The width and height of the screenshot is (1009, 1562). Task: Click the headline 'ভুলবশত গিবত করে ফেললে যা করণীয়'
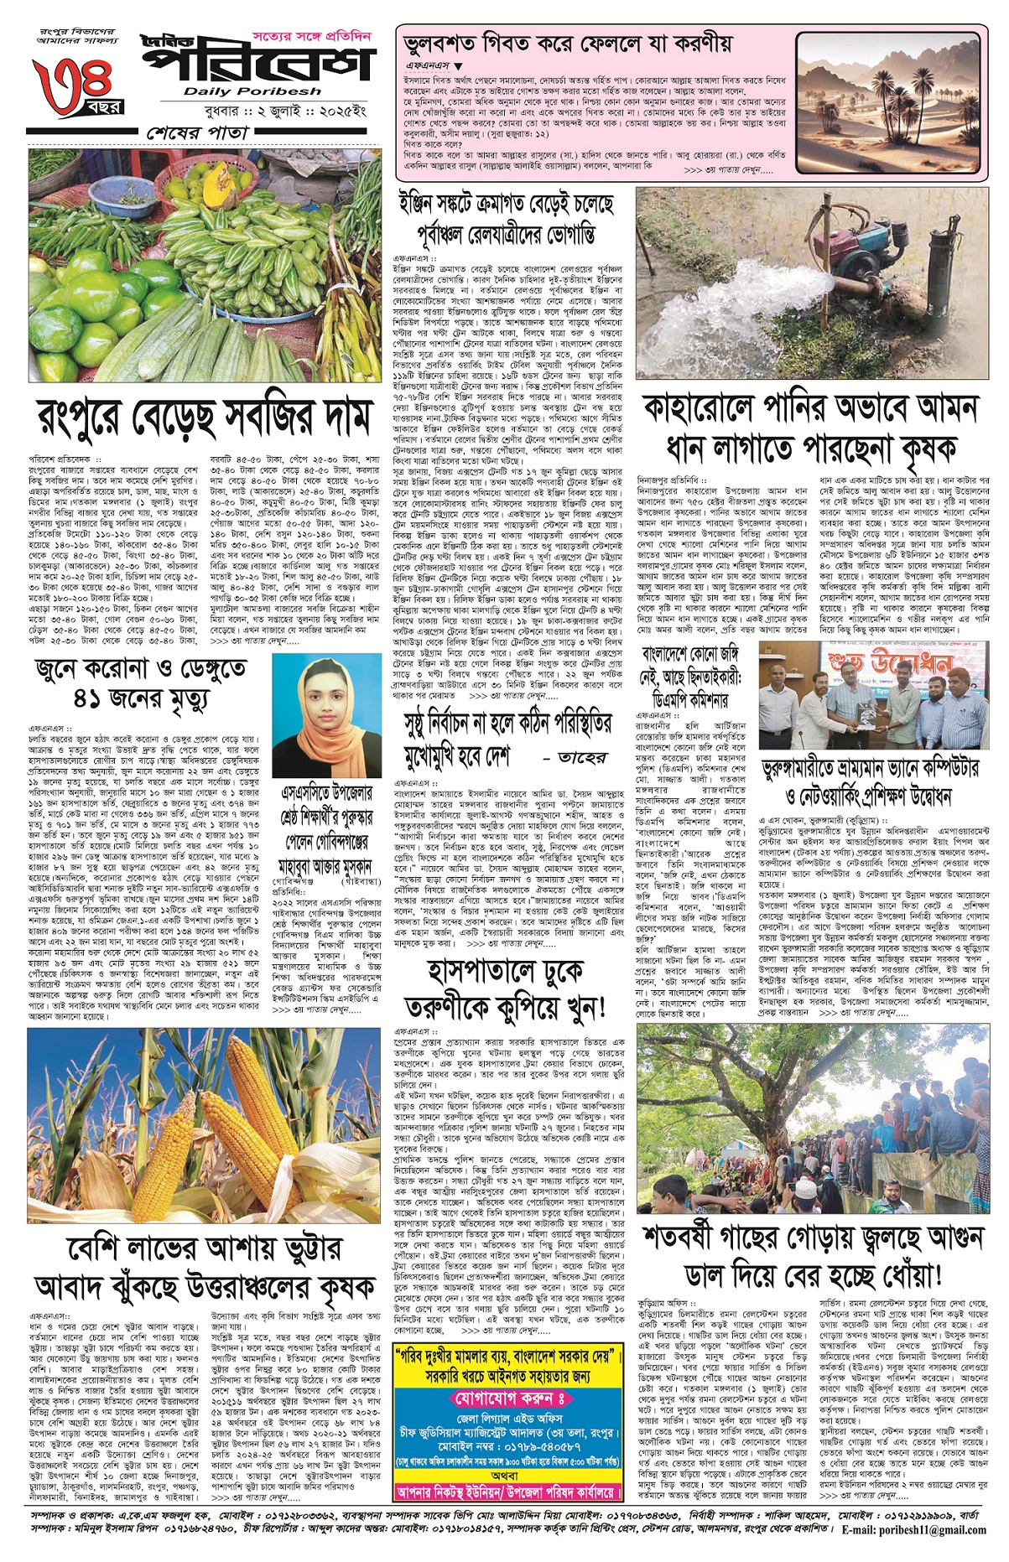pyautogui.click(x=568, y=44)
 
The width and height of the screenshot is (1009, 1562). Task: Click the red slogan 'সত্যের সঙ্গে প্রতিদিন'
pyautogui.click(x=311, y=38)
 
